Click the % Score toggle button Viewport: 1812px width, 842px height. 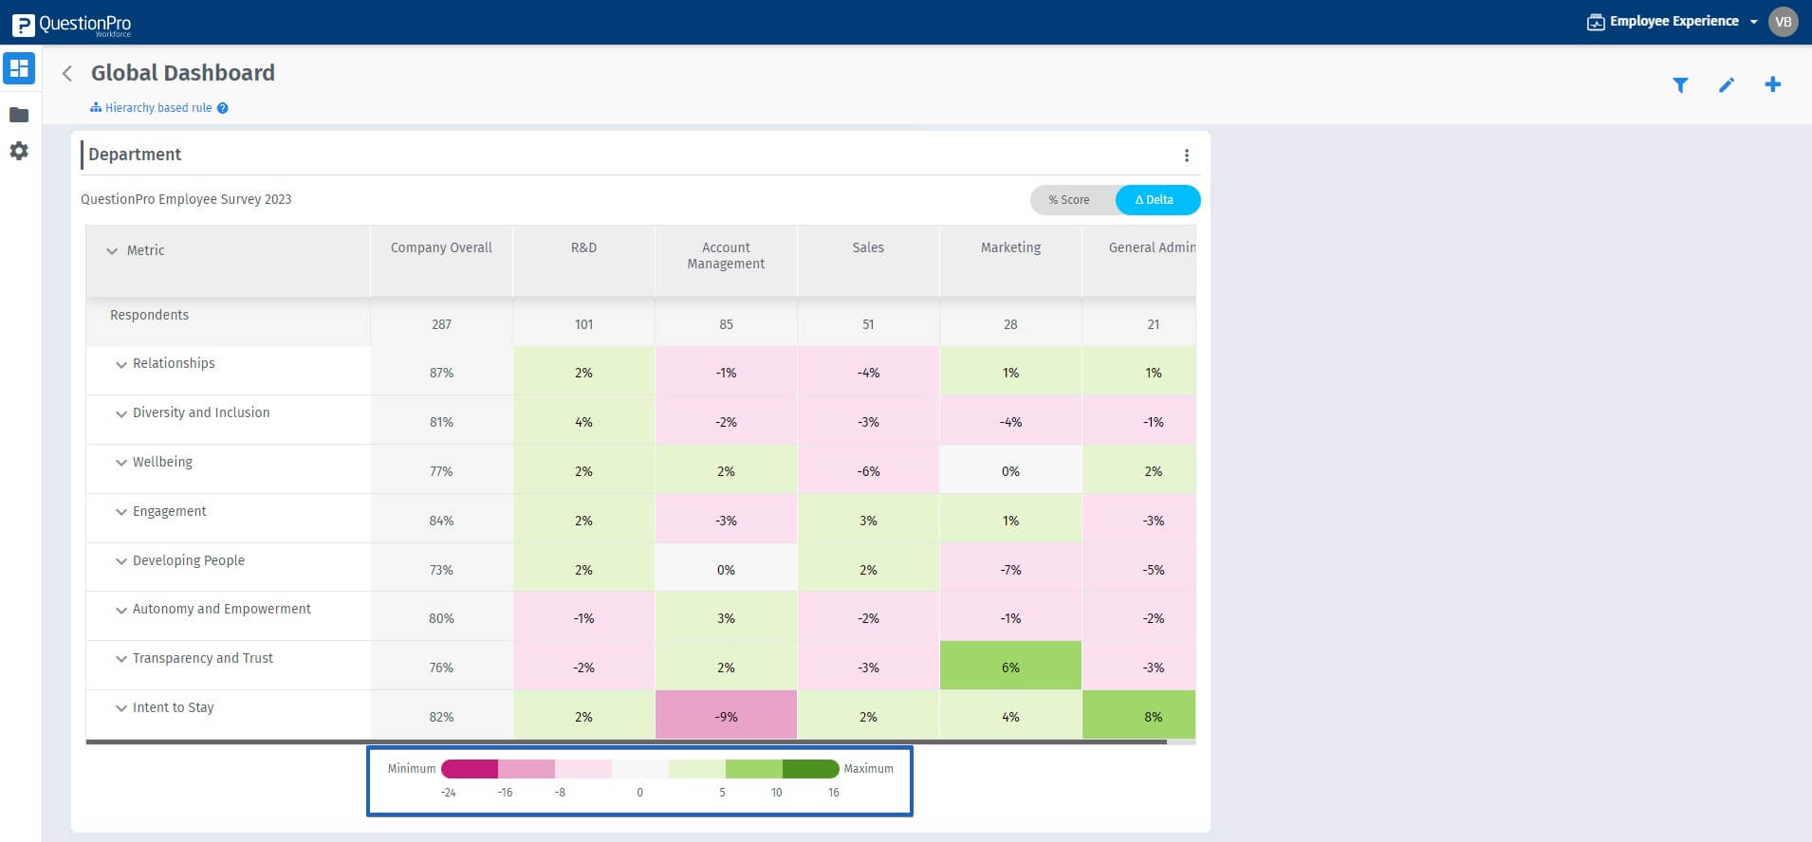[1069, 200]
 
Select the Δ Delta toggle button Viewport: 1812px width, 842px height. [1156, 200]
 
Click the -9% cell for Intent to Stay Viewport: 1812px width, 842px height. [726, 716]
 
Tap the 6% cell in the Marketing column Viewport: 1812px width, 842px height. [1010, 667]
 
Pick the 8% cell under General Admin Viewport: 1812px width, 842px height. [1152, 716]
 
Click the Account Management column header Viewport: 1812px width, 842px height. [726, 256]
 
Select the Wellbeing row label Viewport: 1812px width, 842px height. [162, 462]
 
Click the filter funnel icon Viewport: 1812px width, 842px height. [1680, 85]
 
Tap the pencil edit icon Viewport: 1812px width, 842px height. [1727, 85]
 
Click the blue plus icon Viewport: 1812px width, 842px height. [1772, 84]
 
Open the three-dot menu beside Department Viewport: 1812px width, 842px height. [1186, 156]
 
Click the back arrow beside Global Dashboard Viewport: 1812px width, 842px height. [67, 74]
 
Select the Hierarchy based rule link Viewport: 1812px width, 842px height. [157, 108]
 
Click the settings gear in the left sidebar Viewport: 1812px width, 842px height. [19, 151]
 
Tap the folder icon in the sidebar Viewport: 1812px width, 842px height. [19, 115]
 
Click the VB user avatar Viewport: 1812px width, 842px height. [1783, 22]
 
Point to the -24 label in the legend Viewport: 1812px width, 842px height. [449, 793]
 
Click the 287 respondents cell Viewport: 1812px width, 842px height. [441, 324]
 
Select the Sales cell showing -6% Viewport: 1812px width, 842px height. [868, 471]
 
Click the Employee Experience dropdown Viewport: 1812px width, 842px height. [1673, 22]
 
